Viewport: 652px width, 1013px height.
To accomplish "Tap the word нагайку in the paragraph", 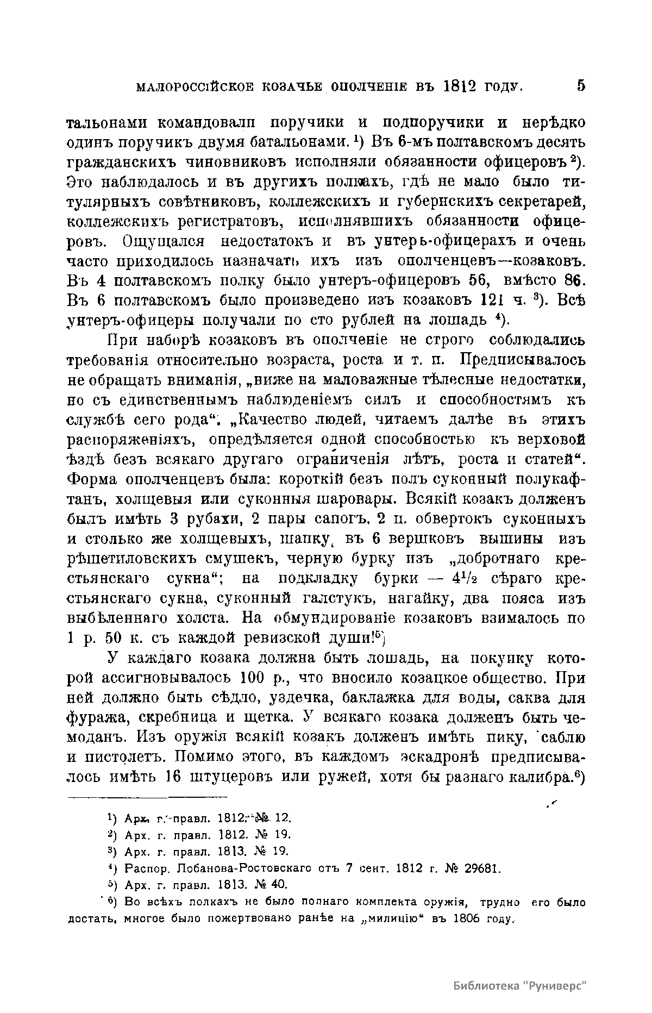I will tap(416, 599).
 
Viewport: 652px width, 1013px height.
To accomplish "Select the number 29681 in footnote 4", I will tap(479, 866).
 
